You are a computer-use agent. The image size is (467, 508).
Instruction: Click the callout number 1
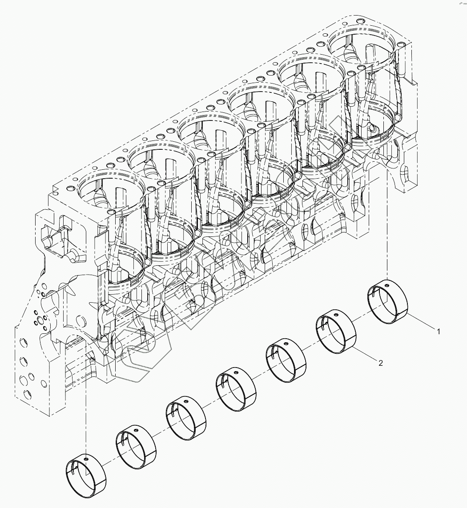pyautogui.click(x=438, y=332)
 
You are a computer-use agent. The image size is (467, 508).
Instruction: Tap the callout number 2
pyautogui.click(x=380, y=363)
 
